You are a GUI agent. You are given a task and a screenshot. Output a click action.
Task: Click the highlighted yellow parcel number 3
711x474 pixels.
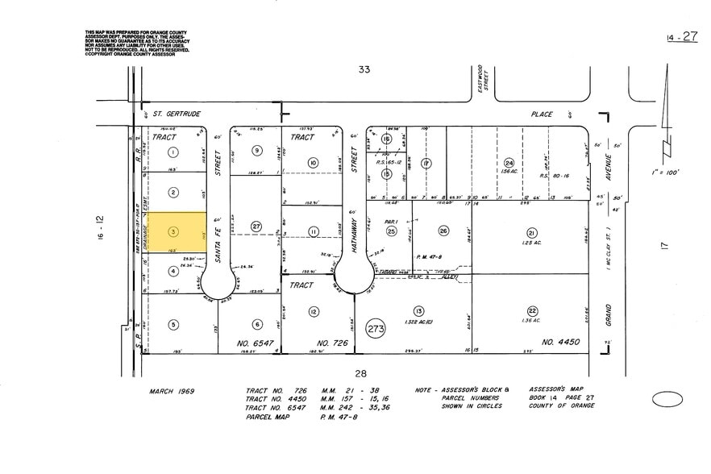click(x=173, y=232)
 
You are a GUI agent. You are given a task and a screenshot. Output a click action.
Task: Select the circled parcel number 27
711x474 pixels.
click(x=256, y=227)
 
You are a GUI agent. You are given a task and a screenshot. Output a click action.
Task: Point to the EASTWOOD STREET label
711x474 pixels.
click(x=478, y=79)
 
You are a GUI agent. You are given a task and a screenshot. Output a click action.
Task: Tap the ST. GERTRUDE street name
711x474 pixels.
click(x=171, y=114)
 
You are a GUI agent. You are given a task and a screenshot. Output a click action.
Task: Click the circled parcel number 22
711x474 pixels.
click(x=532, y=311)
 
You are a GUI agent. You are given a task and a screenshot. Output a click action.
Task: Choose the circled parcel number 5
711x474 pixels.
click(x=173, y=325)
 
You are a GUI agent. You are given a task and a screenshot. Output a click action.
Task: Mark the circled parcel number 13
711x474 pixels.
click(x=418, y=311)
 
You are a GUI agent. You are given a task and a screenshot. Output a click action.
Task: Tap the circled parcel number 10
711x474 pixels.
click(x=313, y=163)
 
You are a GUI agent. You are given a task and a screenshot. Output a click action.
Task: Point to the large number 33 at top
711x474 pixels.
click(x=364, y=70)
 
